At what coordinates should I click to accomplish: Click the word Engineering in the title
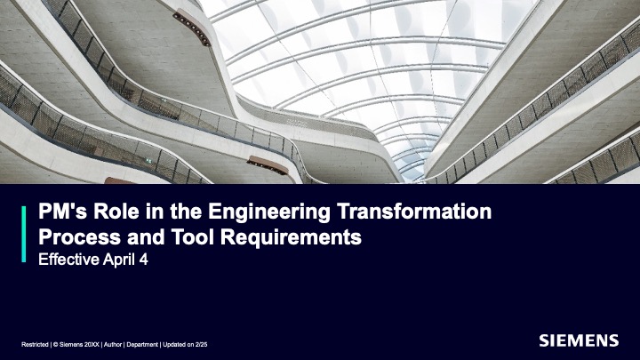[269, 212]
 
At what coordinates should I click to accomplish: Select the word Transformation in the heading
[414, 212]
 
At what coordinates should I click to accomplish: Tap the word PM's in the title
[62, 212]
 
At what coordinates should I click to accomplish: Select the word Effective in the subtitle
[68, 260]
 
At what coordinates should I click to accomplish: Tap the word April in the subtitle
[119, 260]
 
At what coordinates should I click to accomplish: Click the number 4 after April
[143, 260]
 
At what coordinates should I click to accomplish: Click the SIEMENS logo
[579, 340]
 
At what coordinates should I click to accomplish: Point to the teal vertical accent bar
[24, 234]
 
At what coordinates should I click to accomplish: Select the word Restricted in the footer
[35, 345]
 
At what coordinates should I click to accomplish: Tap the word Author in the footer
[113, 345]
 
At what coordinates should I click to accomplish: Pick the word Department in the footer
[142, 345]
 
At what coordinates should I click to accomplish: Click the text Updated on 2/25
[185, 345]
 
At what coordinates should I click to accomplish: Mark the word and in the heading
[146, 237]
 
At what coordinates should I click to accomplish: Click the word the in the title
[186, 212]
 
